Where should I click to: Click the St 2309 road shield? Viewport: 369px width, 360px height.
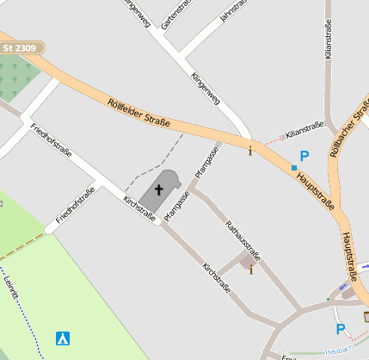pyautogui.click(x=19, y=48)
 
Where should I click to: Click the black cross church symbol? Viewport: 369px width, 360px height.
pyautogui.click(x=158, y=189)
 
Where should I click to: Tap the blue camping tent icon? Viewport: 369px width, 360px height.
pyautogui.click(x=62, y=338)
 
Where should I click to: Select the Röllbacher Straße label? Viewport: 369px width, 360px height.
pyautogui.click(x=347, y=126)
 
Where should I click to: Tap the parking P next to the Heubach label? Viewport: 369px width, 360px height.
pyautogui.click(x=340, y=329)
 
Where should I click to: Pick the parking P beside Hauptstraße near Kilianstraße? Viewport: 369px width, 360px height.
pyautogui.click(x=304, y=157)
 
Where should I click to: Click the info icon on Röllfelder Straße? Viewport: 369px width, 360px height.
pyautogui.click(x=250, y=152)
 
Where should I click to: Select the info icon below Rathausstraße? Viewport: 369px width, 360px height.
pyautogui.click(x=250, y=270)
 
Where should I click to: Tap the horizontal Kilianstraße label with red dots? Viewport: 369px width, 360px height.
pyautogui.click(x=304, y=128)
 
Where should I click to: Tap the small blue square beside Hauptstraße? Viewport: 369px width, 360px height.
pyautogui.click(x=293, y=167)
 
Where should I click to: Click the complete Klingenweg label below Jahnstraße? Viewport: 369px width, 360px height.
pyautogui.click(x=205, y=88)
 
